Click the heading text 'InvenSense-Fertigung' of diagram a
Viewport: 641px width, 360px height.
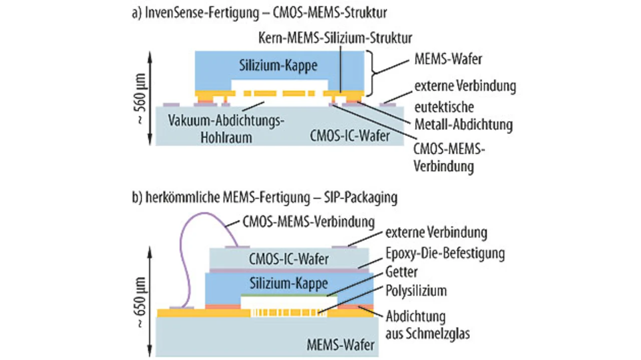tap(202, 13)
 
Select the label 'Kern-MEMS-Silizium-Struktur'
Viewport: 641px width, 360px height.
tap(335, 38)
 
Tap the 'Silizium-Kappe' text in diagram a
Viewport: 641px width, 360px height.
tap(278, 66)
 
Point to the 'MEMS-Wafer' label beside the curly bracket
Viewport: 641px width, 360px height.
tap(448, 59)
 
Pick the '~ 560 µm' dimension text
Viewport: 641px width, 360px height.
tap(140, 99)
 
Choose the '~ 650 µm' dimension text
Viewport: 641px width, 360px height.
tap(140, 302)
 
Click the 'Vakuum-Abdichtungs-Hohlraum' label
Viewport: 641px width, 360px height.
tap(226, 129)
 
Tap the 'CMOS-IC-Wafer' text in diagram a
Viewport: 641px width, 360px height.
tap(350, 136)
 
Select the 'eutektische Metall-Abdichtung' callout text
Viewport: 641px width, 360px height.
tap(464, 116)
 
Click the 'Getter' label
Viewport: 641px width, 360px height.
tap(402, 272)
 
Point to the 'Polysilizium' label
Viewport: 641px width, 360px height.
tap(416, 291)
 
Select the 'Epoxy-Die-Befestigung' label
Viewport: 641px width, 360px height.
tap(445, 253)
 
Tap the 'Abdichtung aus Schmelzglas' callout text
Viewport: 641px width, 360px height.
tap(428, 325)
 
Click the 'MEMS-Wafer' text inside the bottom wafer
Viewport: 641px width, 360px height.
tap(341, 345)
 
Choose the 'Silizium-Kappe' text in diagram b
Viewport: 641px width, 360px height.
tap(289, 283)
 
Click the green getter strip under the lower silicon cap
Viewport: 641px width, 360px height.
tap(285, 295)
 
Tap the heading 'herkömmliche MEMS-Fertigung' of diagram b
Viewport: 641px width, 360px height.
tap(228, 197)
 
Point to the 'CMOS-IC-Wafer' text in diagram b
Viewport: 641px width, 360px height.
tap(289, 259)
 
